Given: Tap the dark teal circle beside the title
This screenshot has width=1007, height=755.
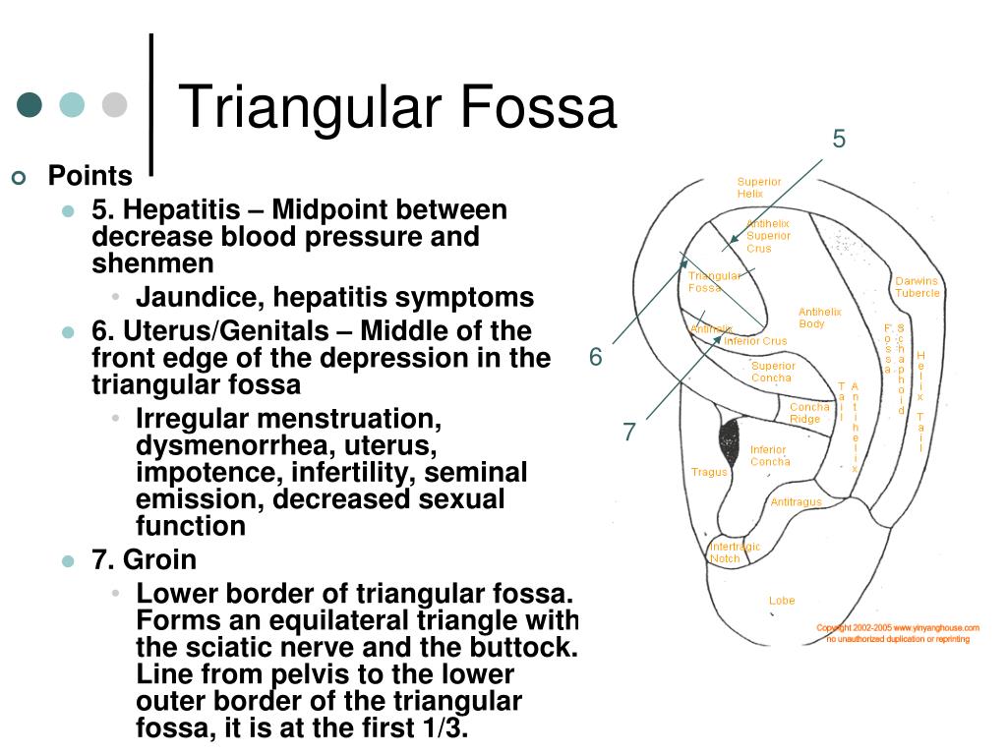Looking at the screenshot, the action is point(30,104).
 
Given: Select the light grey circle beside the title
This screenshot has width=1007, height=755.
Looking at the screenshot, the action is point(115,104).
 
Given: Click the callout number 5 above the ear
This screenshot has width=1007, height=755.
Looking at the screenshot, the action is point(839,139).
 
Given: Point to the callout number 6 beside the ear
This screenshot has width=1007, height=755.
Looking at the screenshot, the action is point(595,357).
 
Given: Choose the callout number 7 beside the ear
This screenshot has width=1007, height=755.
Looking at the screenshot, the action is point(629,432).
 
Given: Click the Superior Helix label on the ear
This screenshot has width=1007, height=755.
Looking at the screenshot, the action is point(758,188).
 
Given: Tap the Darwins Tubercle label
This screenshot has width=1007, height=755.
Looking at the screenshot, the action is point(917,287).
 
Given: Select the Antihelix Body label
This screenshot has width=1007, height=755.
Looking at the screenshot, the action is point(818,318).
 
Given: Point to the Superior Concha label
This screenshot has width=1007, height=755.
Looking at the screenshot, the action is point(773,372).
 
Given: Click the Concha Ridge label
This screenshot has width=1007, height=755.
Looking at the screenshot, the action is point(809,413).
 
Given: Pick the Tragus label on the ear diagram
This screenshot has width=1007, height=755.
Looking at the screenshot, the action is point(709,472).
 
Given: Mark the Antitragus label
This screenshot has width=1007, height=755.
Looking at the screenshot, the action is point(796,502).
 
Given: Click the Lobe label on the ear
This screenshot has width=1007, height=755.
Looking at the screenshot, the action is point(782,601).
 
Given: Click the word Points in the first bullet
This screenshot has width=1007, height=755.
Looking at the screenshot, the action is point(90,177).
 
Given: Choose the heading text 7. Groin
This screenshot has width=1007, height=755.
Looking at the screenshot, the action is point(144,560).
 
